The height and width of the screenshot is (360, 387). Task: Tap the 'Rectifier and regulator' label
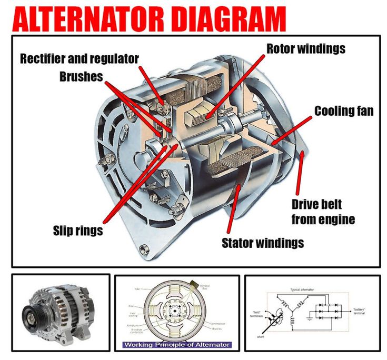[80, 58]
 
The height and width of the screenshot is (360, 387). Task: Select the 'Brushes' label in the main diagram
[81, 76]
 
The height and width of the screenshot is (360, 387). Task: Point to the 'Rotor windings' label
[305, 48]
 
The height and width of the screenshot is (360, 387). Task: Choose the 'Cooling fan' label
[344, 111]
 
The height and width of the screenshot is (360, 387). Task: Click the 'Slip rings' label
[77, 231]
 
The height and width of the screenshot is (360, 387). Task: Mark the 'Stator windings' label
[262, 243]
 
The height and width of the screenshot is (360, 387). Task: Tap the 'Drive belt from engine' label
[323, 212]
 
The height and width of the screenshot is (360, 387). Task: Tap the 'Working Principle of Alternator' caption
[177, 345]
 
